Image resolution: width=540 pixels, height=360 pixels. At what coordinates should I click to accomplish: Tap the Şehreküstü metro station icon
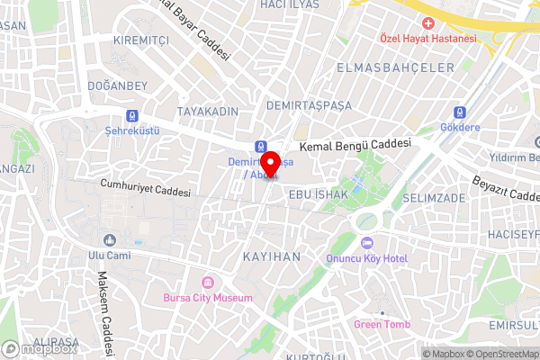click(132, 115)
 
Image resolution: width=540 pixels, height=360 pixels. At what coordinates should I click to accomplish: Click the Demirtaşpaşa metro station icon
click(260, 146)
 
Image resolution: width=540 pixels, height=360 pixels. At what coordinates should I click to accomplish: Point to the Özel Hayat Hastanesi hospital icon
click(428, 22)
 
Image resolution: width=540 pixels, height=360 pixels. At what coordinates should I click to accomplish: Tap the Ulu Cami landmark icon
click(110, 239)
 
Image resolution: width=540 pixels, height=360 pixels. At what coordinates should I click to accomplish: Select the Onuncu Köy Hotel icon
click(366, 244)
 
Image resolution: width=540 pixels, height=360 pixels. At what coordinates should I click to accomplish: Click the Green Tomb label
click(382, 324)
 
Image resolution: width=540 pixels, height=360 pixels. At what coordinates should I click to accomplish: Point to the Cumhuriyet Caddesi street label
click(145, 191)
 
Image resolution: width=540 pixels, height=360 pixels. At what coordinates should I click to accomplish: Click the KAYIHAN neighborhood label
click(272, 256)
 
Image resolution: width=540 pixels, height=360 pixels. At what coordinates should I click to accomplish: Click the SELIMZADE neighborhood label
click(434, 197)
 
